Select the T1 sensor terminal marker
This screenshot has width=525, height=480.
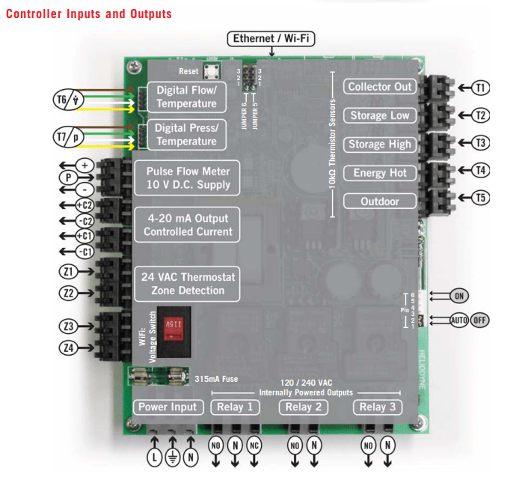[x=481, y=88]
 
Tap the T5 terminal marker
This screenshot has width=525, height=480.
[x=481, y=198]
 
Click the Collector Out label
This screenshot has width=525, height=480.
[x=380, y=87]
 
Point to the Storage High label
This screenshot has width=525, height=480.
[x=380, y=144]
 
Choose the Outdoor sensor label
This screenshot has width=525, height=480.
[x=380, y=201]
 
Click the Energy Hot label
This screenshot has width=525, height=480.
[x=380, y=173]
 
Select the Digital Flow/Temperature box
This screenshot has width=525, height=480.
[x=186, y=97]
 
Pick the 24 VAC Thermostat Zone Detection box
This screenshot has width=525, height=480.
[x=188, y=284]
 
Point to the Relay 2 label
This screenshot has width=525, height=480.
[x=304, y=407]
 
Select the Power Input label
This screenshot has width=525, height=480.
[x=168, y=407]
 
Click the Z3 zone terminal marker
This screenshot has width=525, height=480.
[x=70, y=326]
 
